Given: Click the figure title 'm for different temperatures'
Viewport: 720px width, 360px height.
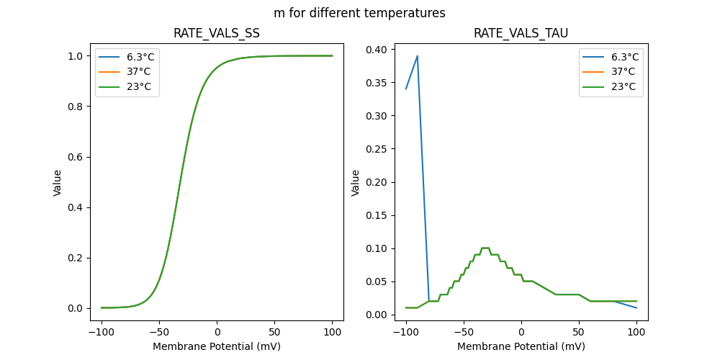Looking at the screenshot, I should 359,13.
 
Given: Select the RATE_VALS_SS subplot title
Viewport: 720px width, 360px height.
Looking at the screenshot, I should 217,34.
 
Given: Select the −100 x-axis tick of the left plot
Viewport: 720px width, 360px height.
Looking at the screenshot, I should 102,332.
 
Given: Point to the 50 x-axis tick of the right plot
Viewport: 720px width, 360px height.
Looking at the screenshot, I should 579,332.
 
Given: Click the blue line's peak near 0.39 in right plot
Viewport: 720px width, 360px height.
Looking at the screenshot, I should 417,56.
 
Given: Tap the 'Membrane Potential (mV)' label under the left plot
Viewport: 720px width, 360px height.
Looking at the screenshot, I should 217,346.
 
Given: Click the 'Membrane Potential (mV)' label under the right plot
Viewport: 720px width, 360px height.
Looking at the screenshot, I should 521,346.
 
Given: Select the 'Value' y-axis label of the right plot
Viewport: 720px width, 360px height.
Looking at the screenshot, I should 355,183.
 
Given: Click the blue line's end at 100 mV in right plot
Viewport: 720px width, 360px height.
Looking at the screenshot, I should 636,307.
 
